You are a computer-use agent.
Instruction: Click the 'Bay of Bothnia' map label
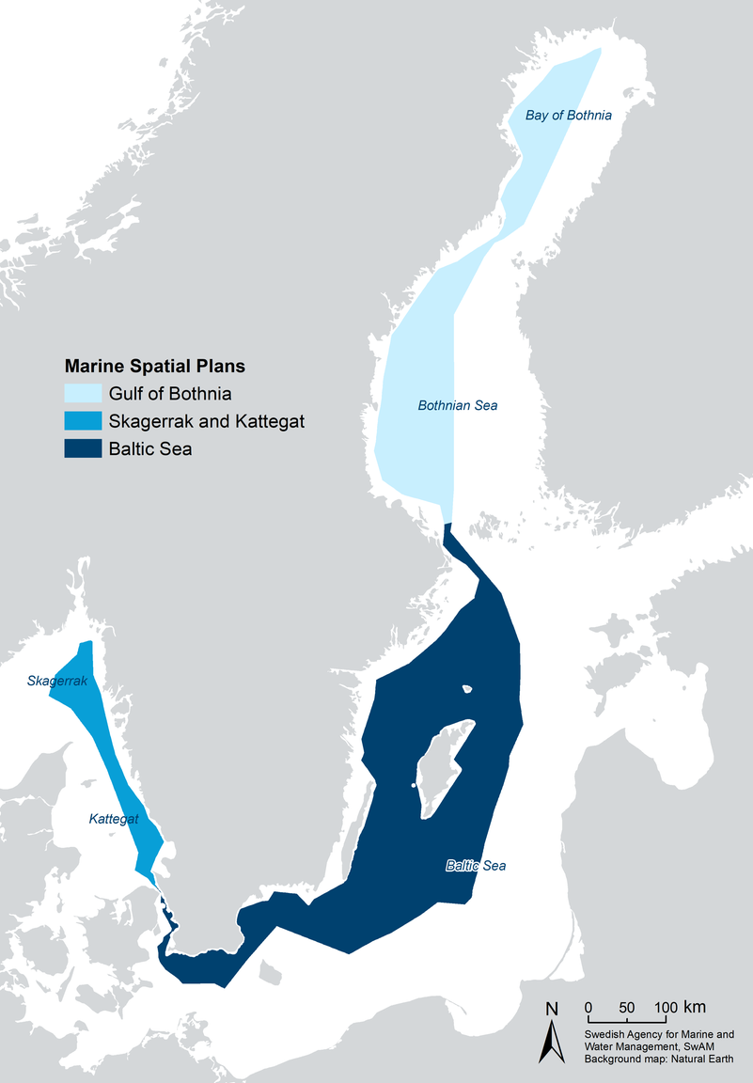[568, 116]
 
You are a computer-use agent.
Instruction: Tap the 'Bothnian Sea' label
[457, 406]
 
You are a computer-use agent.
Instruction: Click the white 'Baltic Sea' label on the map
[476, 866]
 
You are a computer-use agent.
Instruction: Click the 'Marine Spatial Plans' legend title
[161, 366]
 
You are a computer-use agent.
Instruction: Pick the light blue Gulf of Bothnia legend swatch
[82, 394]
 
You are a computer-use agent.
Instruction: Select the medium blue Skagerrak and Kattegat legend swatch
[82, 421]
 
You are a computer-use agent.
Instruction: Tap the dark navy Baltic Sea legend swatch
[82, 449]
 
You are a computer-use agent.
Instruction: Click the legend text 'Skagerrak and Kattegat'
[206, 421]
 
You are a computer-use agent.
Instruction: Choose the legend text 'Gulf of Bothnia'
[170, 394]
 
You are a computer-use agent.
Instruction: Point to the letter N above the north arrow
[552, 1010]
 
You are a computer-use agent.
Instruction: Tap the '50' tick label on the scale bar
[627, 1008]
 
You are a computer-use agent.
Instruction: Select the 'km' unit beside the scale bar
[695, 1007]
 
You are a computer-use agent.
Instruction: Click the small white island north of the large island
[467, 689]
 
